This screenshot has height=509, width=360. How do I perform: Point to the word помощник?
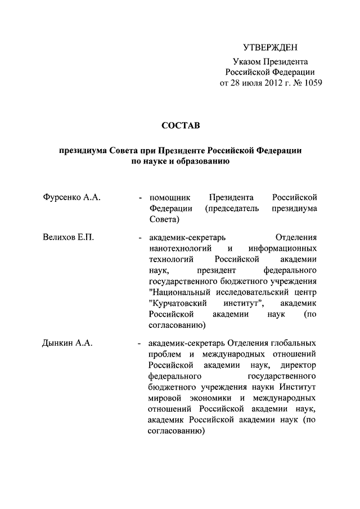tap(170, 197)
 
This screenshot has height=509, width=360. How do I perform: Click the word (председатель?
tap(232, 208)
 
